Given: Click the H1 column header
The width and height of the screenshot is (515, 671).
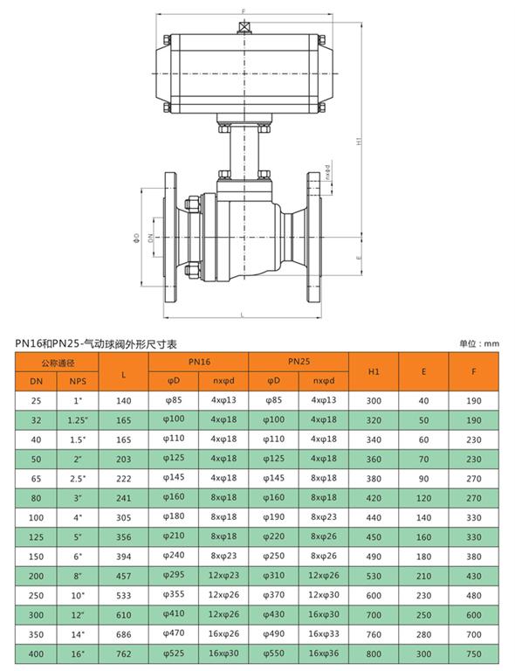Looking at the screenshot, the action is (374, 371).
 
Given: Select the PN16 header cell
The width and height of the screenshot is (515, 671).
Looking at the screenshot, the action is (199, 362).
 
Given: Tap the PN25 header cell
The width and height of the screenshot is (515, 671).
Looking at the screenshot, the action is (299, 361).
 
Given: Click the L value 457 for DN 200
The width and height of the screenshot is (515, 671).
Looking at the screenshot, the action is (124, 576).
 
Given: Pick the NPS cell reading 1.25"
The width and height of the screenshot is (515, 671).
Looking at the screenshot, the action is (78, 420).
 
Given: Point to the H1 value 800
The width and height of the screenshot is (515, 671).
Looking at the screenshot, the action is (374, 654).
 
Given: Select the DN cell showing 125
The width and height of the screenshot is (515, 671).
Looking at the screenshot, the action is (36, 537).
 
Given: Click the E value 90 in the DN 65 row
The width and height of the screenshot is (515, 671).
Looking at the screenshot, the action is (423, 479).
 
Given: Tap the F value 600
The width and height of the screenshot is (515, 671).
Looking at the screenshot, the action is (474, 615).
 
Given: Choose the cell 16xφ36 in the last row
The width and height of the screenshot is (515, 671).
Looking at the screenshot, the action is (324, 653).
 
